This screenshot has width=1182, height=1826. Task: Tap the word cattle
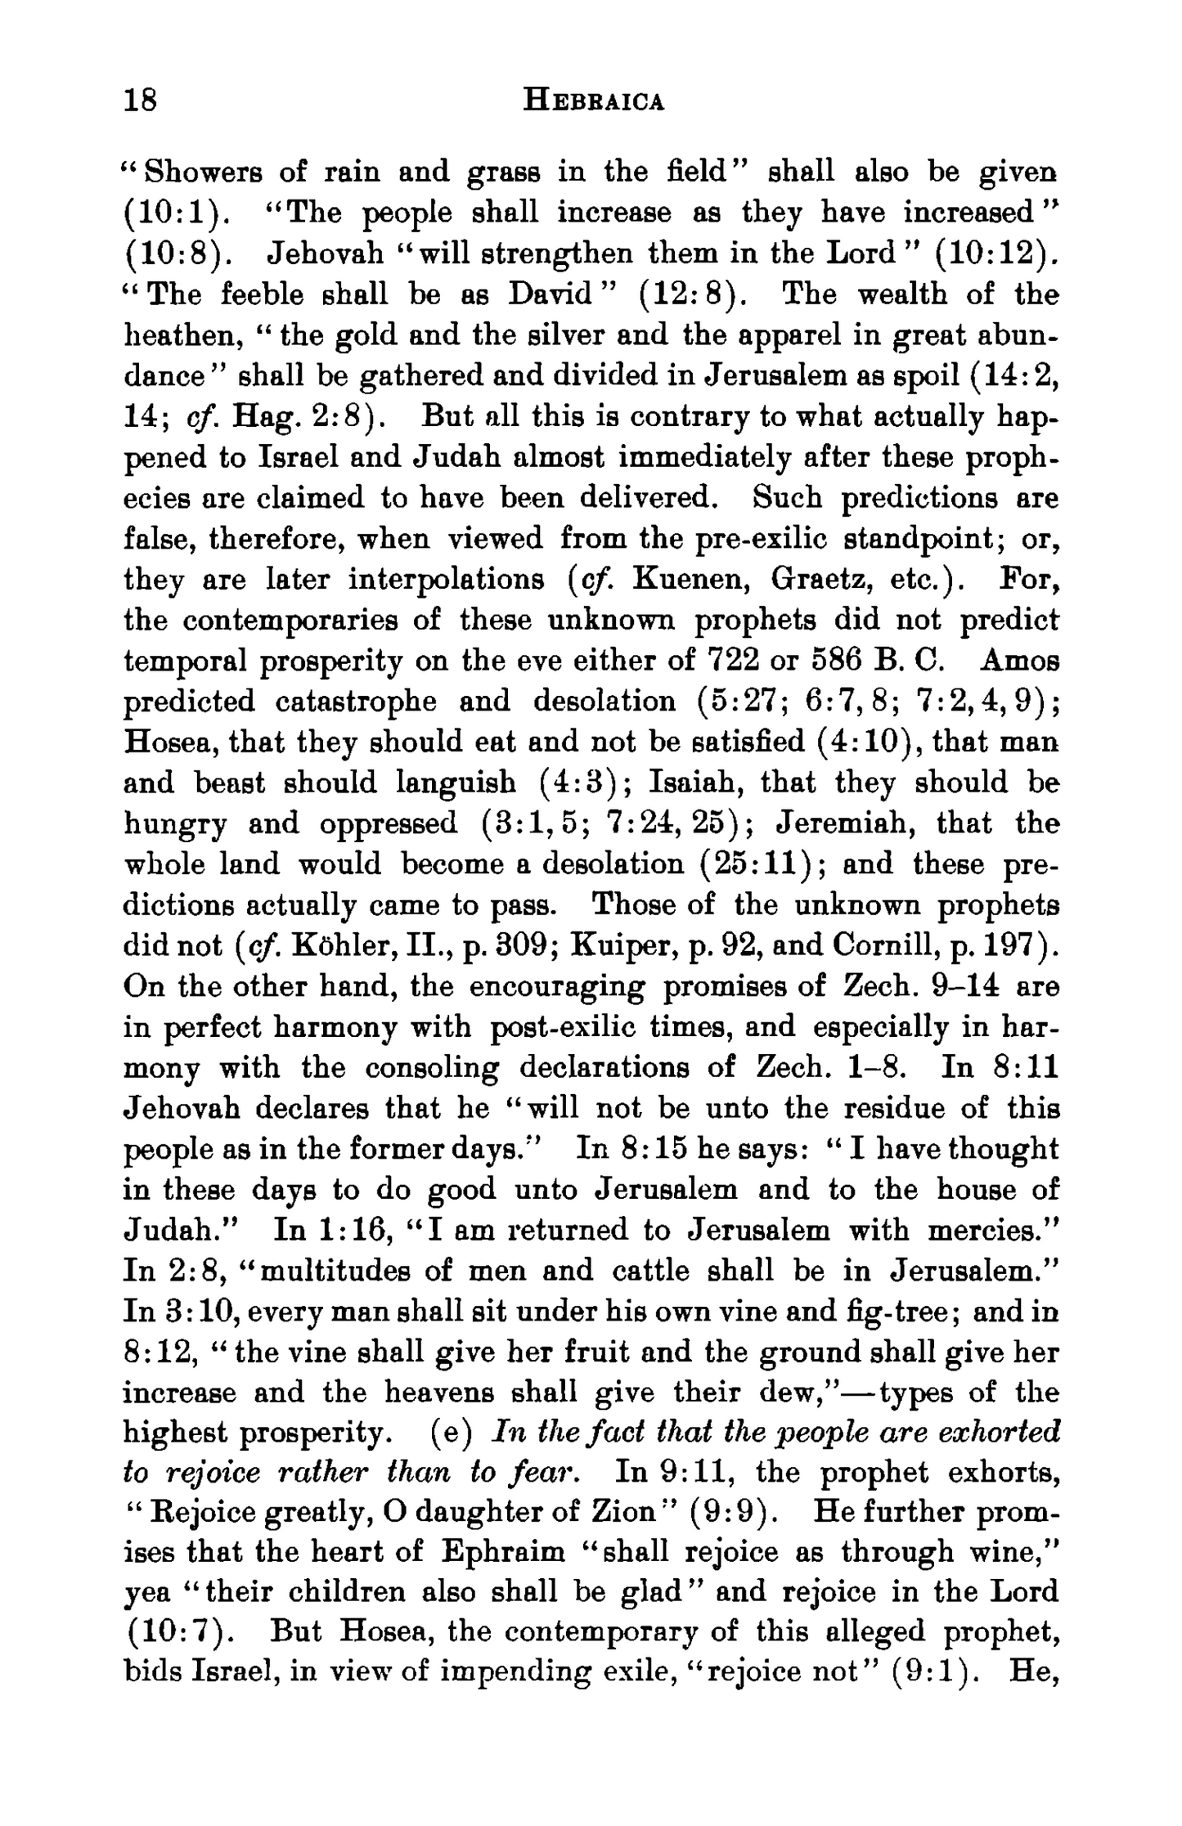coord(652,1272)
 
